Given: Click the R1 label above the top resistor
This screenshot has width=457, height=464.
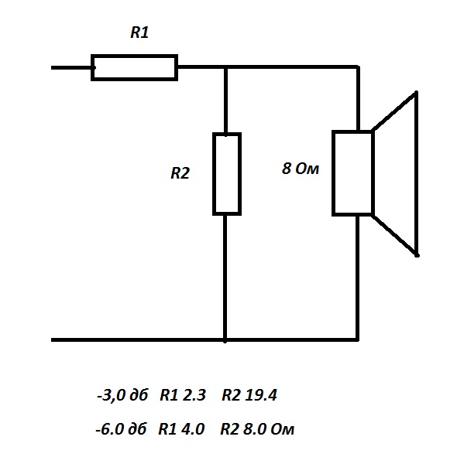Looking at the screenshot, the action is [x=139, y=32].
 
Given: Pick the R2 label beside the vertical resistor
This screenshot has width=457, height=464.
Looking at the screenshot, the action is [x=180, y=173].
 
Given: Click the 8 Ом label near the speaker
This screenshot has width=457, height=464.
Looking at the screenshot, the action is [x=301, y=169].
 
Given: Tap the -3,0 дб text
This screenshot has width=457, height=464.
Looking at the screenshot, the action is [x=122, y=395].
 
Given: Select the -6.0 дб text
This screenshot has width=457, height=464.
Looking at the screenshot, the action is [x=121, y=429].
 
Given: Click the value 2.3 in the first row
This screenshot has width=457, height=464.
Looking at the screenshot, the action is [x=194, y=395].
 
